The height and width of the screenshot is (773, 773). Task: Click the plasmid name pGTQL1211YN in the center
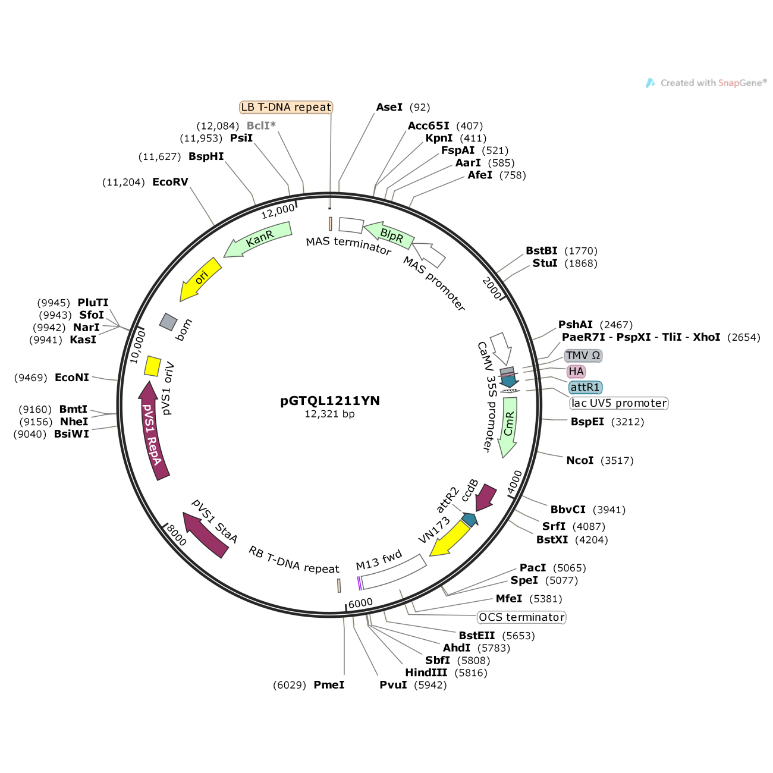click(330, 401)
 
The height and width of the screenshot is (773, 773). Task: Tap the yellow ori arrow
click(200, 279)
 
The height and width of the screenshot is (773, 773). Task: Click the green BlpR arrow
click(389, 236)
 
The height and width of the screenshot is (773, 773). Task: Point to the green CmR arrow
click(508, 426)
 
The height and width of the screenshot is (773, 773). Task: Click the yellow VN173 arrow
click(451, 539)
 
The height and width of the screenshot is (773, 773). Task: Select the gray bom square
click(168, 322)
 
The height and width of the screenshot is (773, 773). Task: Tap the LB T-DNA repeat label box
click(286, 107)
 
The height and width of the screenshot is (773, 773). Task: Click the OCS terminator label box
click(521, 617)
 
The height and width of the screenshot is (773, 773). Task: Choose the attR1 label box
click(585, 388)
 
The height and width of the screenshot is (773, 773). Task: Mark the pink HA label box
click(576, 372)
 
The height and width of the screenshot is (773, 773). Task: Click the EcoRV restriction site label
click(170, 182)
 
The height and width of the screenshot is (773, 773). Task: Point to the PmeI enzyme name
click(329, 685)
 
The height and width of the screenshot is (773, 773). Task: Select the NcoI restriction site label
click(580, 460)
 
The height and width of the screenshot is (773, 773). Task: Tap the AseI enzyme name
click(389, 107)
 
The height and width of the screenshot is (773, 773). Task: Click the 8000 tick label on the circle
click(177, 535)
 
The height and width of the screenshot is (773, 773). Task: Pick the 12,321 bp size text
click(329, 414)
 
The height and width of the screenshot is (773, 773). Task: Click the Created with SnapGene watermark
click(706, 83)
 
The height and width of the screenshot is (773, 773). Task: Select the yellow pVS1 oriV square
click(153, 366)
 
